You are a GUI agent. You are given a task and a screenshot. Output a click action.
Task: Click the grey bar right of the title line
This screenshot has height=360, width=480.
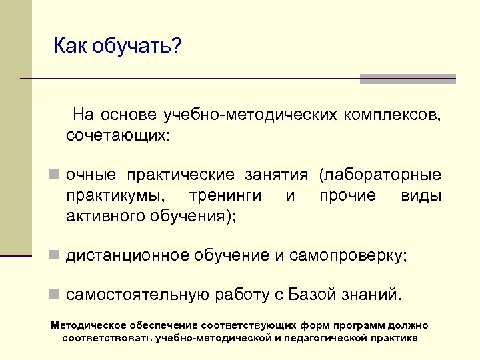[x=407, y=79]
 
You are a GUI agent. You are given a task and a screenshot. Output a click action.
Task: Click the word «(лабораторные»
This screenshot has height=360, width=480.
[x=381, y=175]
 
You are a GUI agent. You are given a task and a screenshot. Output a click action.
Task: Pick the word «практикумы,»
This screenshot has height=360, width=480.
[x=117, y=196]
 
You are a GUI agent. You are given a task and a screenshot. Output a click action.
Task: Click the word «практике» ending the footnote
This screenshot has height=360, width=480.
[x=393, y=338]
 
